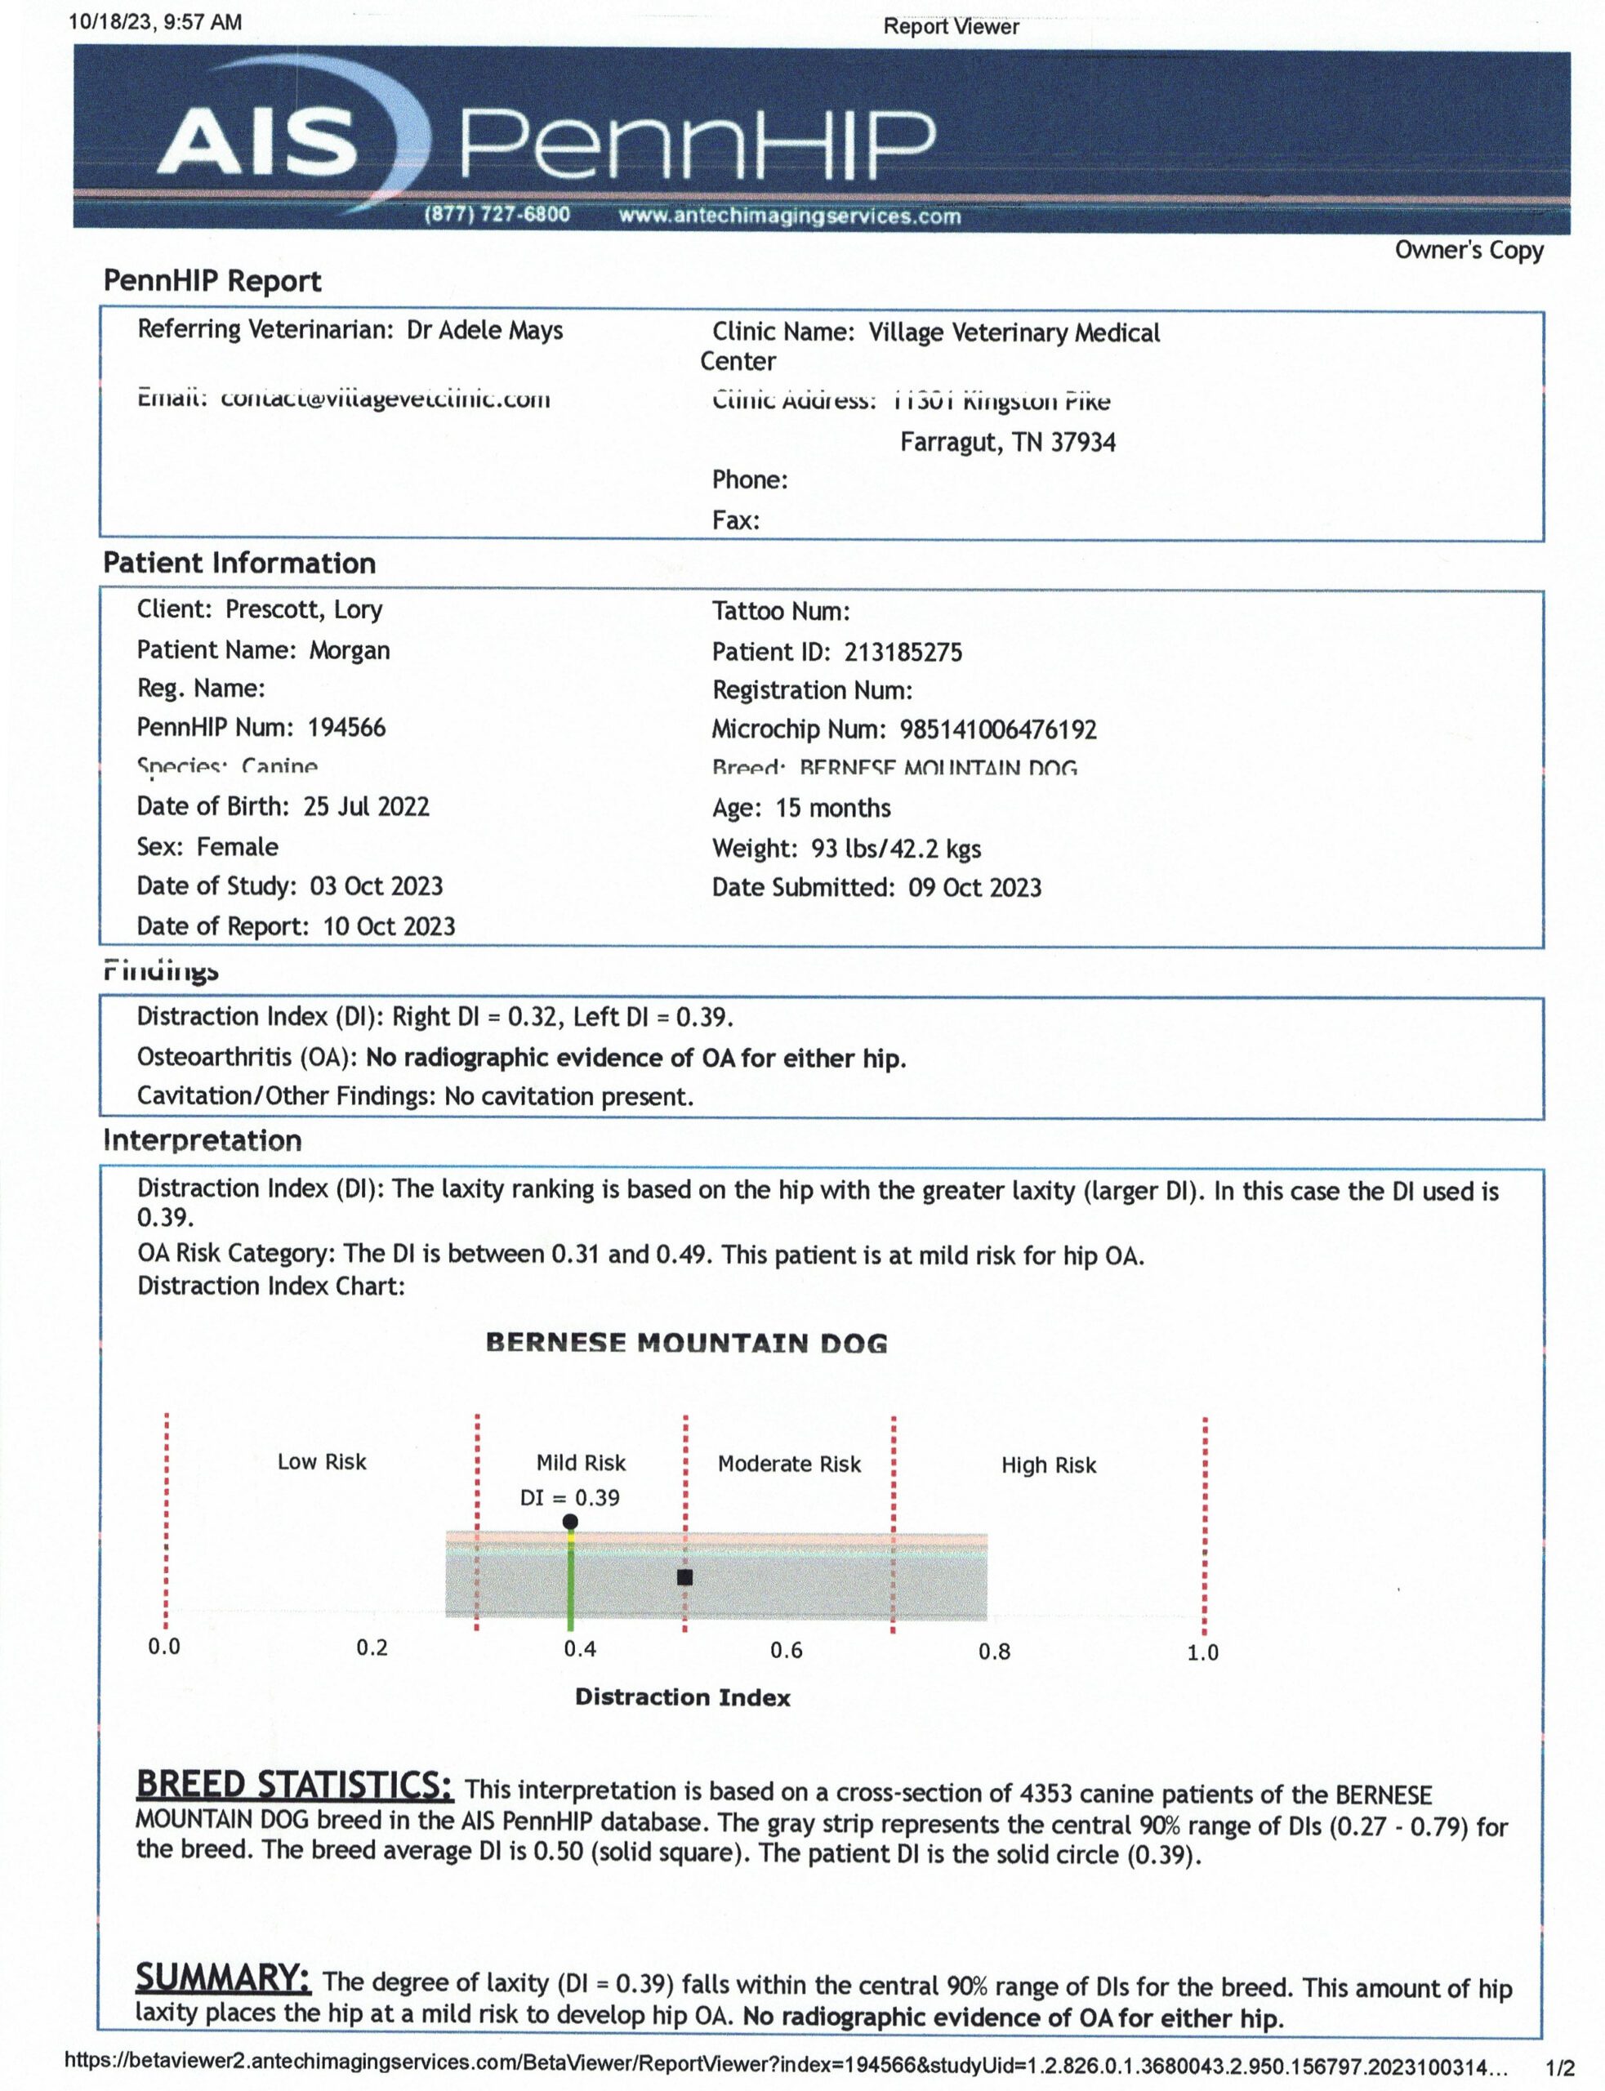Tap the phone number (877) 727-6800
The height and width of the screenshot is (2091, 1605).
pyautogui.click(x=497, y=215)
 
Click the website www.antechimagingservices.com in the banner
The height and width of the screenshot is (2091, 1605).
pyautogui.click(x=789, y=216)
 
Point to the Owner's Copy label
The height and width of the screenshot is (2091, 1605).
pyautogui.click(x=1469, y=250)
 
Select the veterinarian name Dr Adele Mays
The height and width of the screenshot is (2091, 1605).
pyautogui.click(x=484, y=331)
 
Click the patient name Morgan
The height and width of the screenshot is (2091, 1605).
pyautogui.click(x=349, y=650)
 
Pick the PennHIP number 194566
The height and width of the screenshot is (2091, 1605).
pyautogui.click(x=346, y=728)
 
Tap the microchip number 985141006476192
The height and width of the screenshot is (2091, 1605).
pyautogui.click(x=997, y=729)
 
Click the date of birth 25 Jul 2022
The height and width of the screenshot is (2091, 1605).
pyautogui.click(x=366, y=806)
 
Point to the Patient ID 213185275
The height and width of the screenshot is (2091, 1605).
pyautogui.click(x=903, y=653)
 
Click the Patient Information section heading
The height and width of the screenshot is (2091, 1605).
pyautogui.click(x=239, y=564)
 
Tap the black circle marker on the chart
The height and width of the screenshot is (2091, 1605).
pyautogui.click(x=570, y=1522)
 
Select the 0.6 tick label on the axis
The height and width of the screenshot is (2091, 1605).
pyautogui.click(x=787, y=1651)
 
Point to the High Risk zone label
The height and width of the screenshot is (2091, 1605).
pyautogui.click(x=1048, y=1465)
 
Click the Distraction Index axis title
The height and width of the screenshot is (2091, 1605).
pyautogui.click(x=682, y=1697)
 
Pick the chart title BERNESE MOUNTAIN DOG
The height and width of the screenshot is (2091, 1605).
pyautogui.click(x=686, y=1344)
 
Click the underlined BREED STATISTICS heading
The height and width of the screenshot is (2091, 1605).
pyautogui.click(x=294, y=1786)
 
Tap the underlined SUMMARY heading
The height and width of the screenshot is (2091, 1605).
pyautogui.click(x=223, y=1977)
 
